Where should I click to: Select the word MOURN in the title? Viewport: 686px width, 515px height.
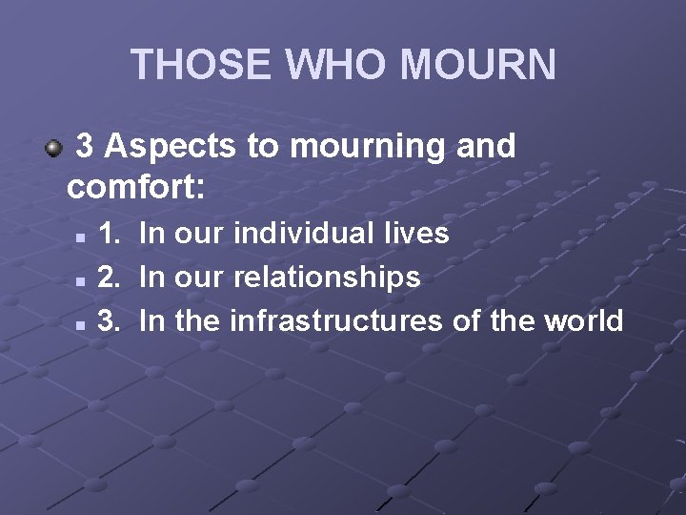tap(476, 64)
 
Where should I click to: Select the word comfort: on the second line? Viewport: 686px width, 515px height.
tap(136, 185)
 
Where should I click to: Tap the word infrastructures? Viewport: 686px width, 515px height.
tap(336, 320)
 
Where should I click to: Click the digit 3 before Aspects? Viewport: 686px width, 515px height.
tap(85, 146)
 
